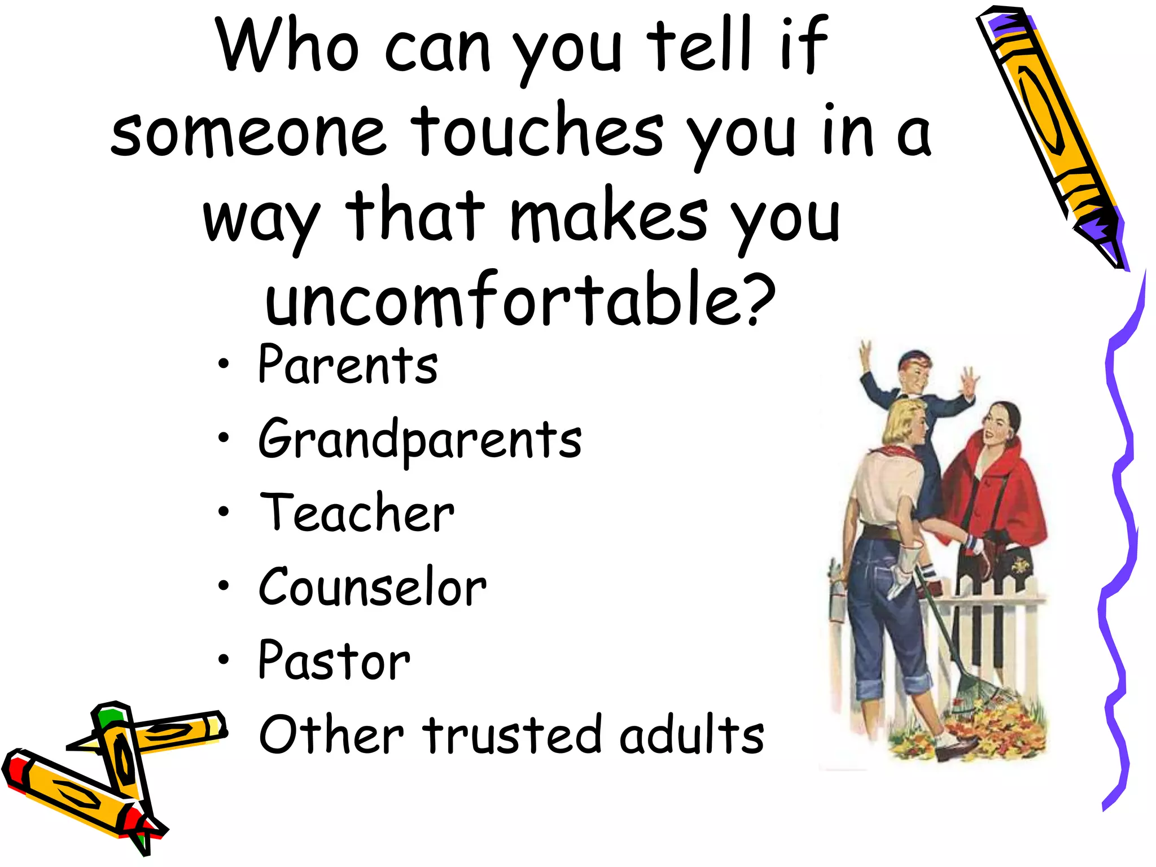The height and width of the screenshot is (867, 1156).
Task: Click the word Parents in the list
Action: tap(347, 366)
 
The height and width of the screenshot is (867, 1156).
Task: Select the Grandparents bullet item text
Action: tap(420, 440)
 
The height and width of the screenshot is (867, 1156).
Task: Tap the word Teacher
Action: tap(357, 514)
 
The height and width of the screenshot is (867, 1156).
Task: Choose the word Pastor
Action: tap(334, 662)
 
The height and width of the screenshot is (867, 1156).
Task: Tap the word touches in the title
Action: tap(536, 131)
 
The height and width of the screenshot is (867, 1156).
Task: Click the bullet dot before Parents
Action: tap(224, 365)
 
